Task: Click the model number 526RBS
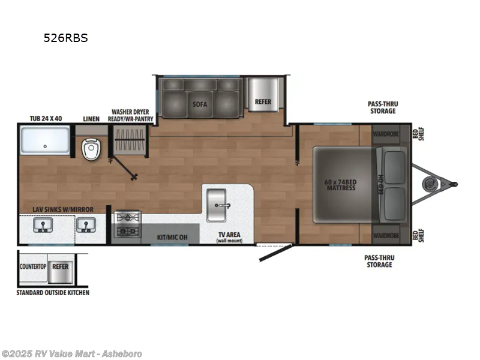tap(65, 38)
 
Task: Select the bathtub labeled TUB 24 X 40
tap(46, 140)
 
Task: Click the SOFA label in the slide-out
tap(200, 104)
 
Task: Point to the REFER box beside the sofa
tap(263, 101)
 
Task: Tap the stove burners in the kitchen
tap(127, 224)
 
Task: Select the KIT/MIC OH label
tap(173, 238)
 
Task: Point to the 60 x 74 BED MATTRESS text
tap(340, 184)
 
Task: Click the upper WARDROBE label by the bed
tap(386, 134)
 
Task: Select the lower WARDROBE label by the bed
tap(386, 235)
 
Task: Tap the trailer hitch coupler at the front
tap(452, 184)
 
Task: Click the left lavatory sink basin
tap(43, 225)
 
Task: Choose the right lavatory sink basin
tap(85, 225)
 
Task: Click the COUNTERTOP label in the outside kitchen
tap(34, 265)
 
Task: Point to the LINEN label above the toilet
tap(91, 118)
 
